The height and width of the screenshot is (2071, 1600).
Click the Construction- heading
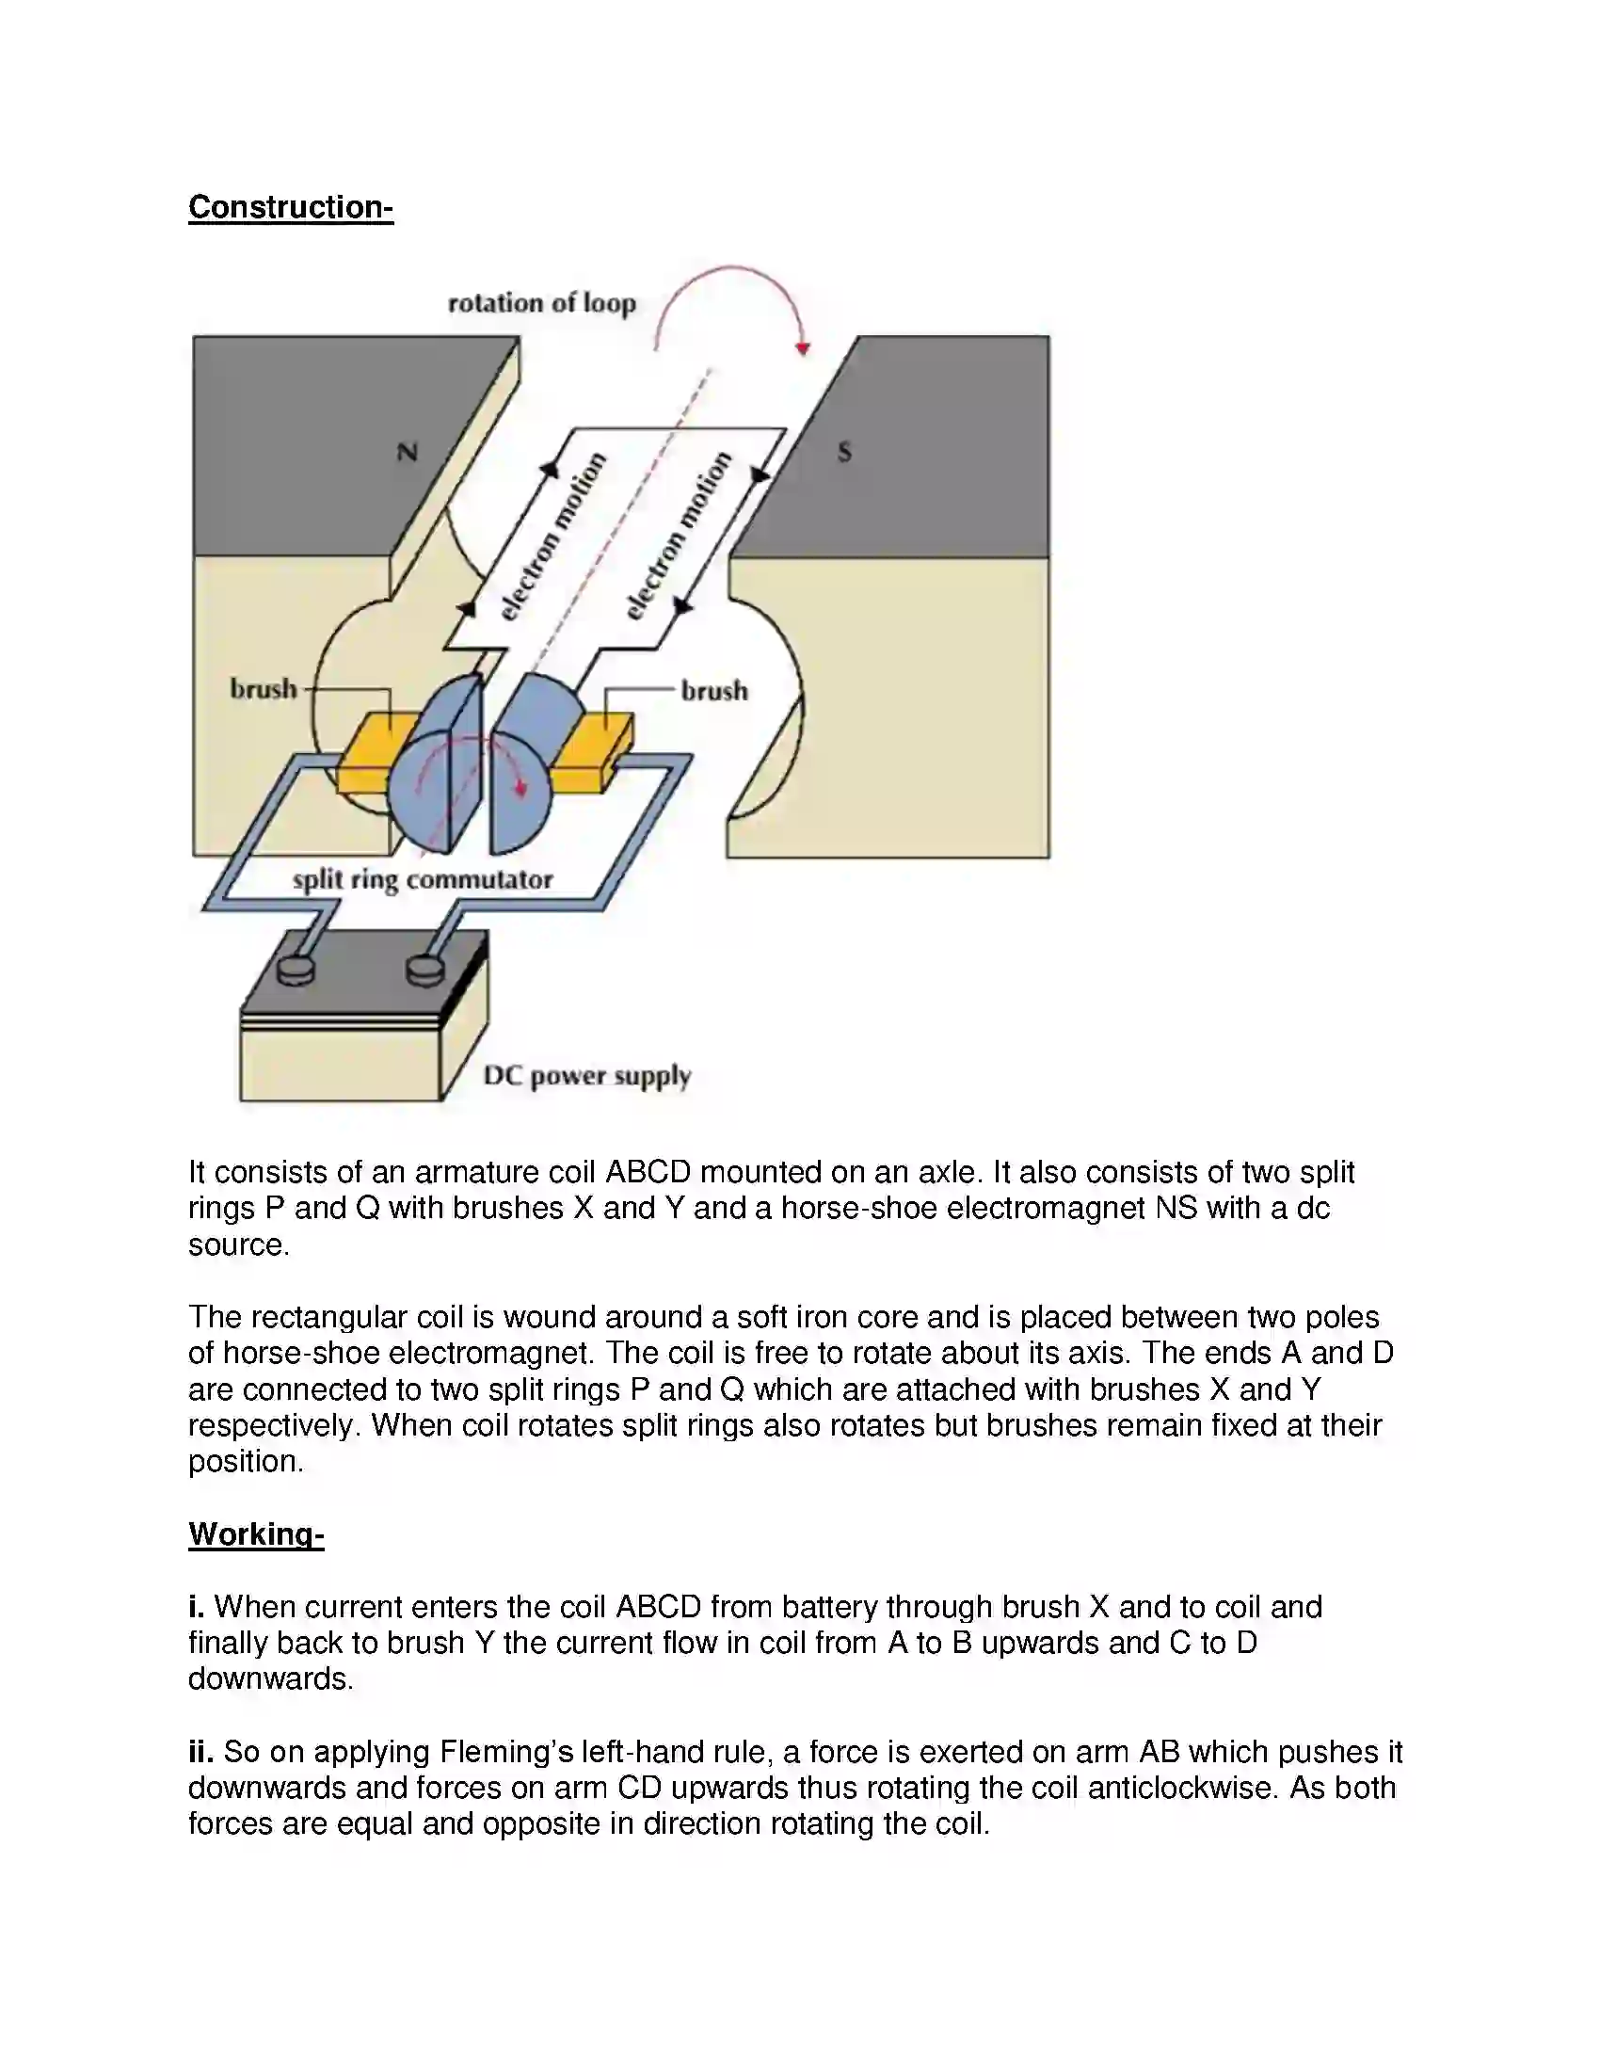290,207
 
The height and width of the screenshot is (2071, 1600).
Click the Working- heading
256,1533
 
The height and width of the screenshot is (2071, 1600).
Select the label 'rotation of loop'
541,303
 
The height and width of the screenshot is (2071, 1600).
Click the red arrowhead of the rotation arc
803,349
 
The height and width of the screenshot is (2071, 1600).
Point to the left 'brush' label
263,688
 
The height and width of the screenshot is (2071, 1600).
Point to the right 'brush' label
713,690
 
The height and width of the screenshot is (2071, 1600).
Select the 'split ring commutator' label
422,879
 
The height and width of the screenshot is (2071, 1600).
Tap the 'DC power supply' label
586,1075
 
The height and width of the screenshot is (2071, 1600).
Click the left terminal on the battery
295,970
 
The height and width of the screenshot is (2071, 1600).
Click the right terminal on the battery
424,970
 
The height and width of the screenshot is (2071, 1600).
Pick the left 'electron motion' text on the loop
552,537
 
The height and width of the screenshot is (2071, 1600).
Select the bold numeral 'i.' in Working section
196,1606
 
